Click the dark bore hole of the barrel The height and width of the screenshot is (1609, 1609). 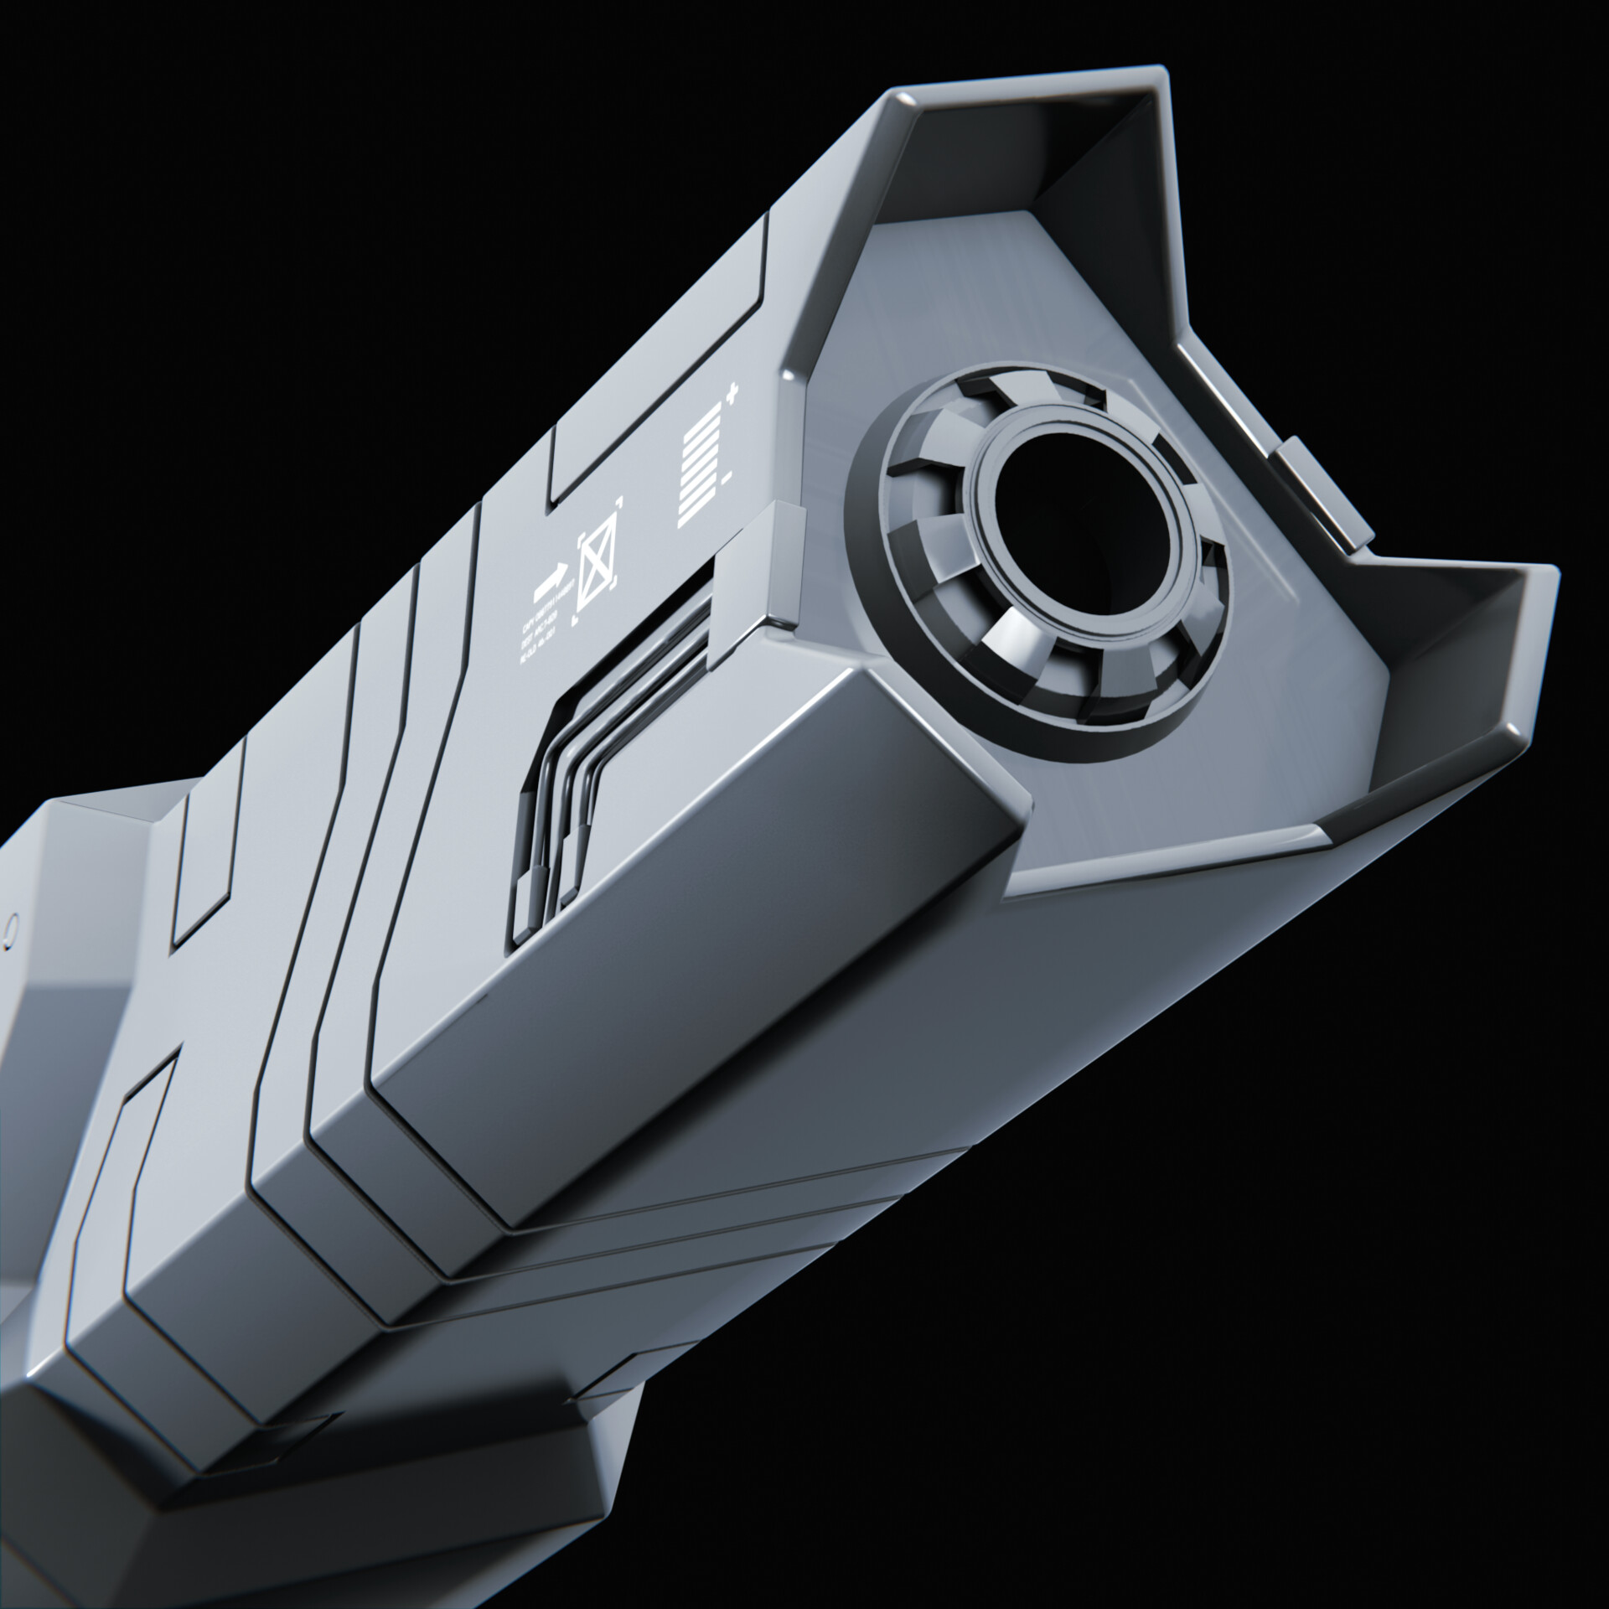coord(1063,512)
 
